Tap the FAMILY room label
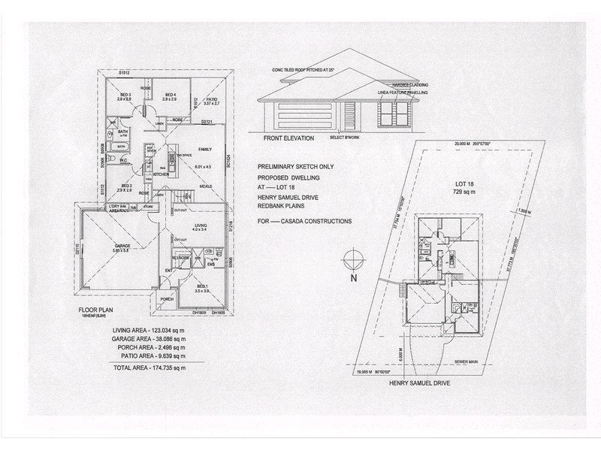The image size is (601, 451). point(195,150)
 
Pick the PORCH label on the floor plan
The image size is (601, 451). point(167,299)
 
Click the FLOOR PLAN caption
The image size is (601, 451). point(95,309)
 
